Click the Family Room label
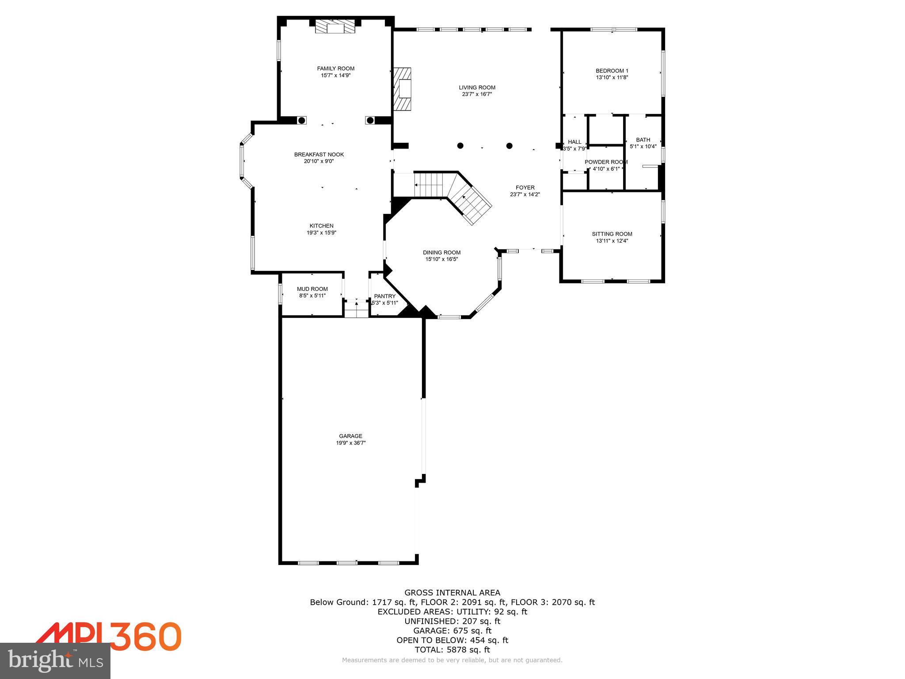[335, 69]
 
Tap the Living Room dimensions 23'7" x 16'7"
[477, 94]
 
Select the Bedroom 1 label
[612, 71]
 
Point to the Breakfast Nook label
[319, 155]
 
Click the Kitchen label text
[321, 226]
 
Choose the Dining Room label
[441, 253]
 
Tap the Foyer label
[525, 188]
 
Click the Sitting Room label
[612, 234]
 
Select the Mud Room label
[312, 289]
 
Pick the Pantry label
[384, 296]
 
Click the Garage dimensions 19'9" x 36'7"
[350, 443]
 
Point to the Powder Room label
[606, 162]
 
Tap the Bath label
[643, 140]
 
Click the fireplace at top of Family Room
[335, 27]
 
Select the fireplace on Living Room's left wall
[403, 88]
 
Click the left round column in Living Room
[460, 145]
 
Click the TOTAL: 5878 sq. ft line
[452, 650]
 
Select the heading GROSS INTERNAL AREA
[452, 593]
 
